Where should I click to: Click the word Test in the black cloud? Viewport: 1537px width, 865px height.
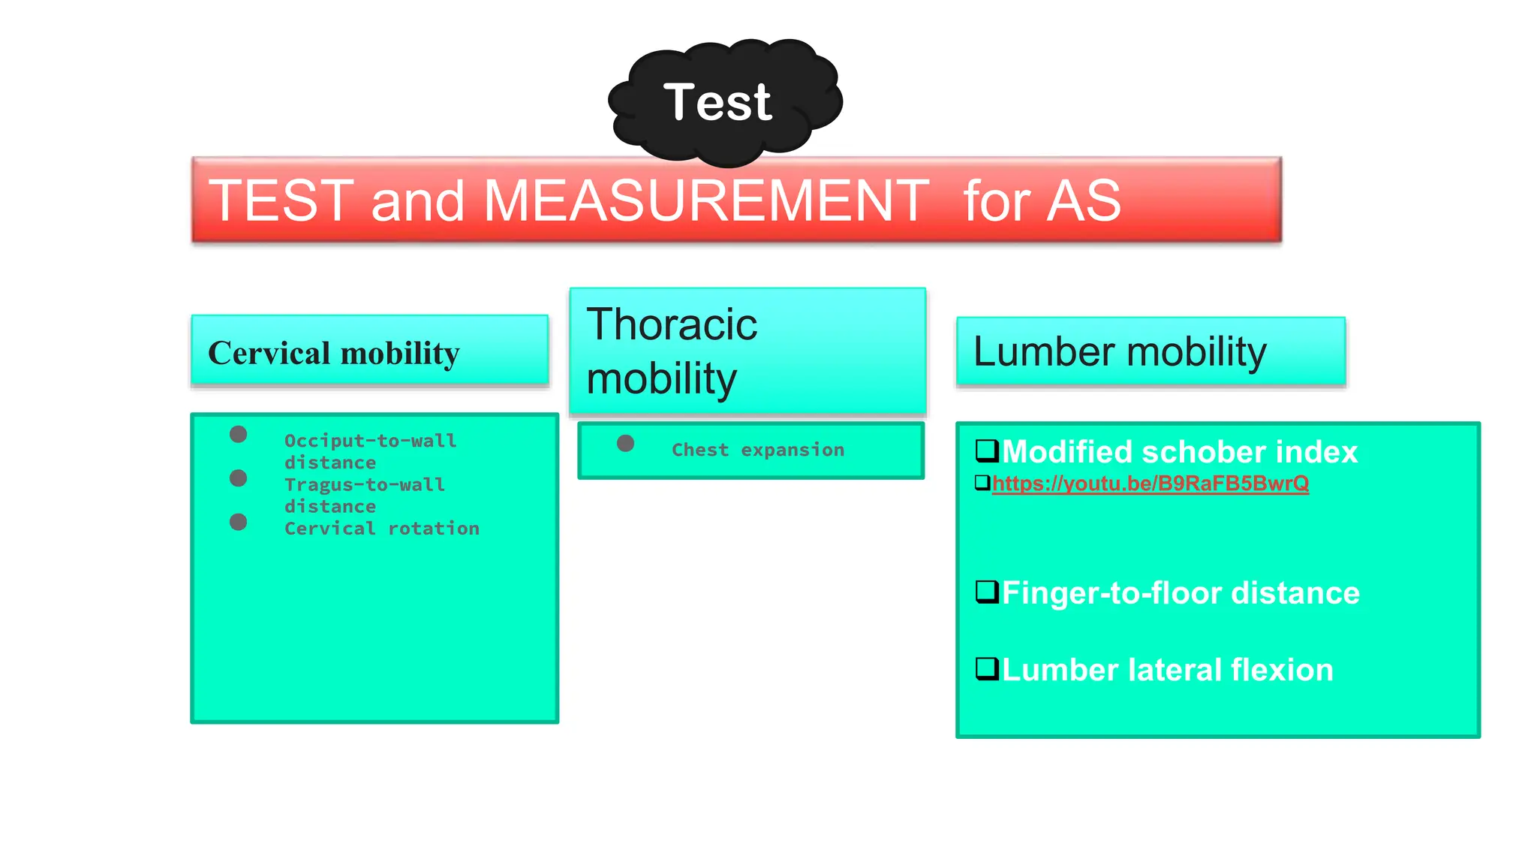tap(717, 102)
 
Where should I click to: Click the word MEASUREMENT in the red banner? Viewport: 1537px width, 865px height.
tap(705, 200)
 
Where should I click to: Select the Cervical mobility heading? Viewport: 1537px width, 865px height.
tap(333, 353)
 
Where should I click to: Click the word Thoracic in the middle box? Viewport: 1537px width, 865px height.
tap(672, 324)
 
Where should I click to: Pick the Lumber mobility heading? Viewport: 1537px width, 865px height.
tap(1119, 351)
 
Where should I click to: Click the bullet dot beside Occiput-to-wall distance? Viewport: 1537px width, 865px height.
tap(238, 434)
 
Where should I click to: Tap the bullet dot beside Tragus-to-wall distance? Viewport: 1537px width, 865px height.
tap(238, 478)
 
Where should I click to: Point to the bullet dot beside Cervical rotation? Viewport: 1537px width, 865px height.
tap(238, 522)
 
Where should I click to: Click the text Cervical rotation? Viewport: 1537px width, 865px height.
tap(381, 529)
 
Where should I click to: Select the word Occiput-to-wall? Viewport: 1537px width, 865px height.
tap(370, 441)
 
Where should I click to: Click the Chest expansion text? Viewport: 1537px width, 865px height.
tap(757, 450)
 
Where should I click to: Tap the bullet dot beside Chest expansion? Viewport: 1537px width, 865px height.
tap(625, 443)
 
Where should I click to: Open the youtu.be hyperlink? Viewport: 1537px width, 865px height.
tap(1150, 484)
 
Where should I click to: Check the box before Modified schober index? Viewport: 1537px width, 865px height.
tap(986, 451)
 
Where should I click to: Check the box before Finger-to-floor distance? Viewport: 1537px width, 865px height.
tap(986, 592)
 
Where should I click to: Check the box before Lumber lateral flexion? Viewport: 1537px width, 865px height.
tap(986, 668)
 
